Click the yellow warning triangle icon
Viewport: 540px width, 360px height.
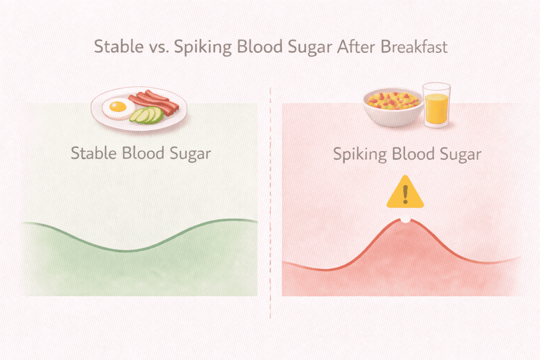pyautogui.click(x=405, y=194)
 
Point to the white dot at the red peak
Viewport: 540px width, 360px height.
pyautogui.click(x=405, y=220)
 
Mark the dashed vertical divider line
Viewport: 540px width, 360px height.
pyautogui.click(x=270, y=211)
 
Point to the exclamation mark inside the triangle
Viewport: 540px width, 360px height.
pyautogui.click(x=405, y=196)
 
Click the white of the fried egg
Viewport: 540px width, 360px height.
pyautogui.click(x=109, y=112)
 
